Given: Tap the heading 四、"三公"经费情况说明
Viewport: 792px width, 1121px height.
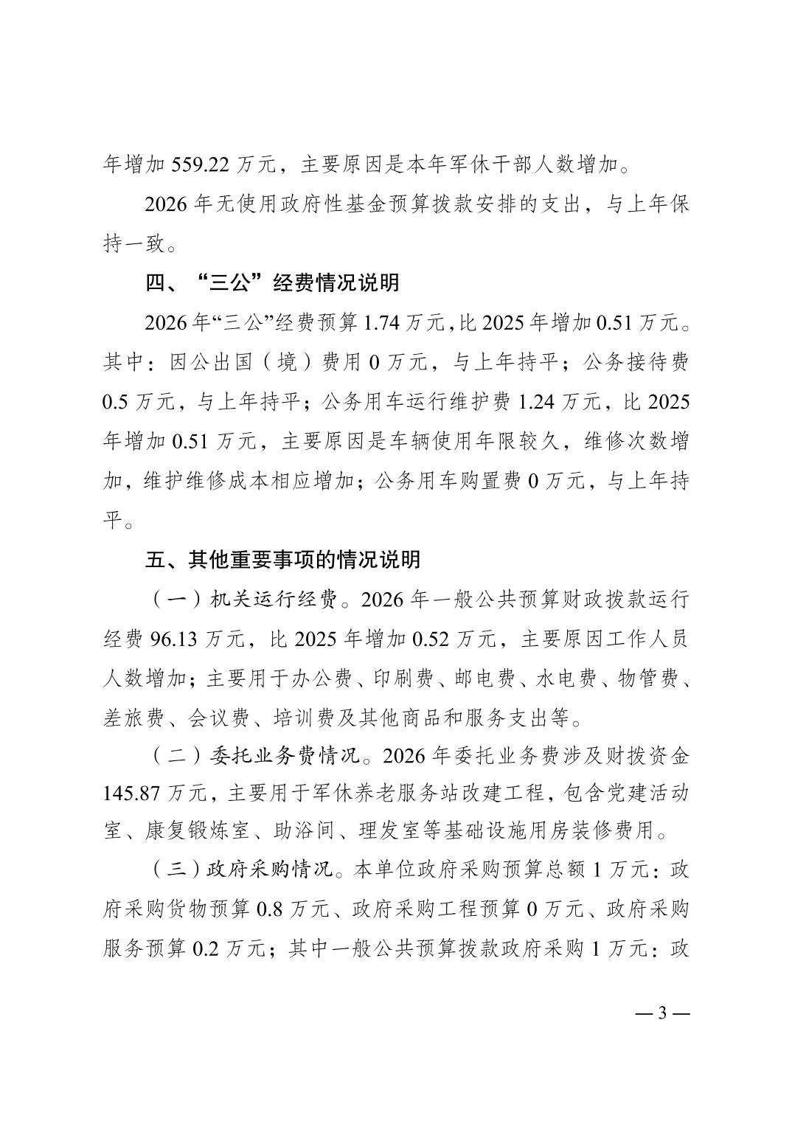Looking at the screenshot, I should pyautogui.click(x=272, y=283).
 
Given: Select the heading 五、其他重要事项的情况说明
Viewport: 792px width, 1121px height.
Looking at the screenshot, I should pyautogui.click(x=282, y=560).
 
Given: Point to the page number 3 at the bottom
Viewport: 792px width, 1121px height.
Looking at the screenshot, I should pyautogui.click(x=661, y=1013).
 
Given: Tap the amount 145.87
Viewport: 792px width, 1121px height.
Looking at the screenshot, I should pyautogui.click(x=131, y=793).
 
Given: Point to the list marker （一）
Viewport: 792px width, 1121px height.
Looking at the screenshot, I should pyautogui.click(x=175, y=600).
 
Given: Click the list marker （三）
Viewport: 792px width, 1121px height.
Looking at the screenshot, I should pyautogui.click(x=175, y=871).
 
